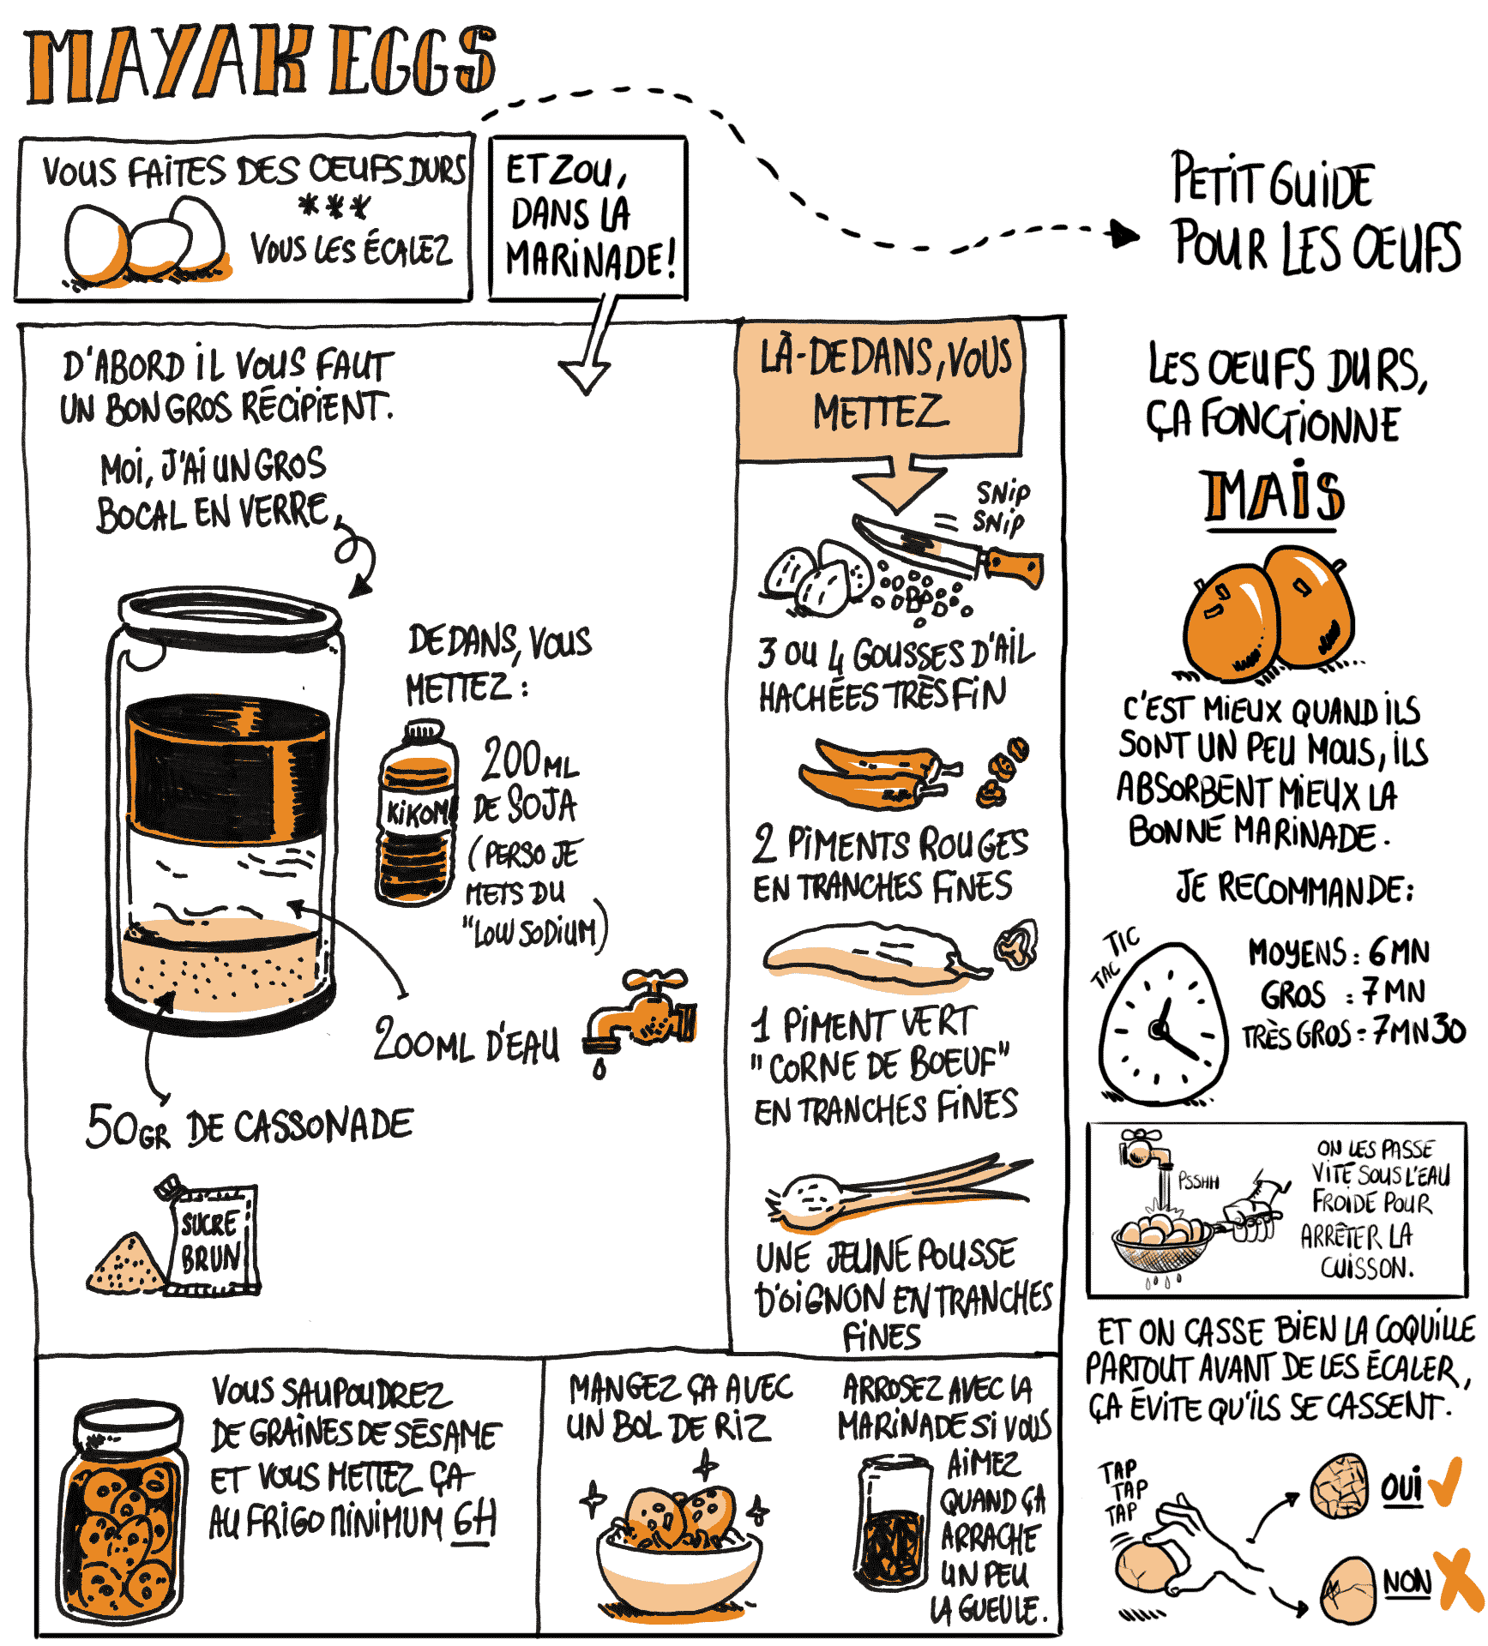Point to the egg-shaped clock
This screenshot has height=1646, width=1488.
[x=1163, y=1024]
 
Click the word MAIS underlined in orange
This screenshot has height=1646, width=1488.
[x=1274, y=496]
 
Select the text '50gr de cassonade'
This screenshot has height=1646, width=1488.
[x=249, y=1126]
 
